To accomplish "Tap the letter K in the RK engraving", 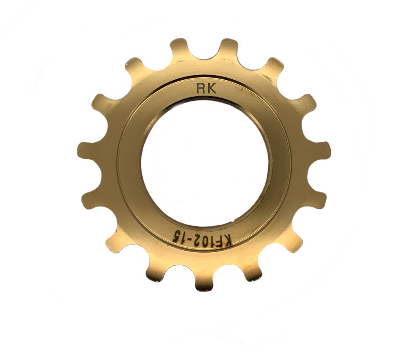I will [212, 89].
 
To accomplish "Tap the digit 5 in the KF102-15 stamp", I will [176, 236].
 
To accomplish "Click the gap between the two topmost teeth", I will [204, 55].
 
